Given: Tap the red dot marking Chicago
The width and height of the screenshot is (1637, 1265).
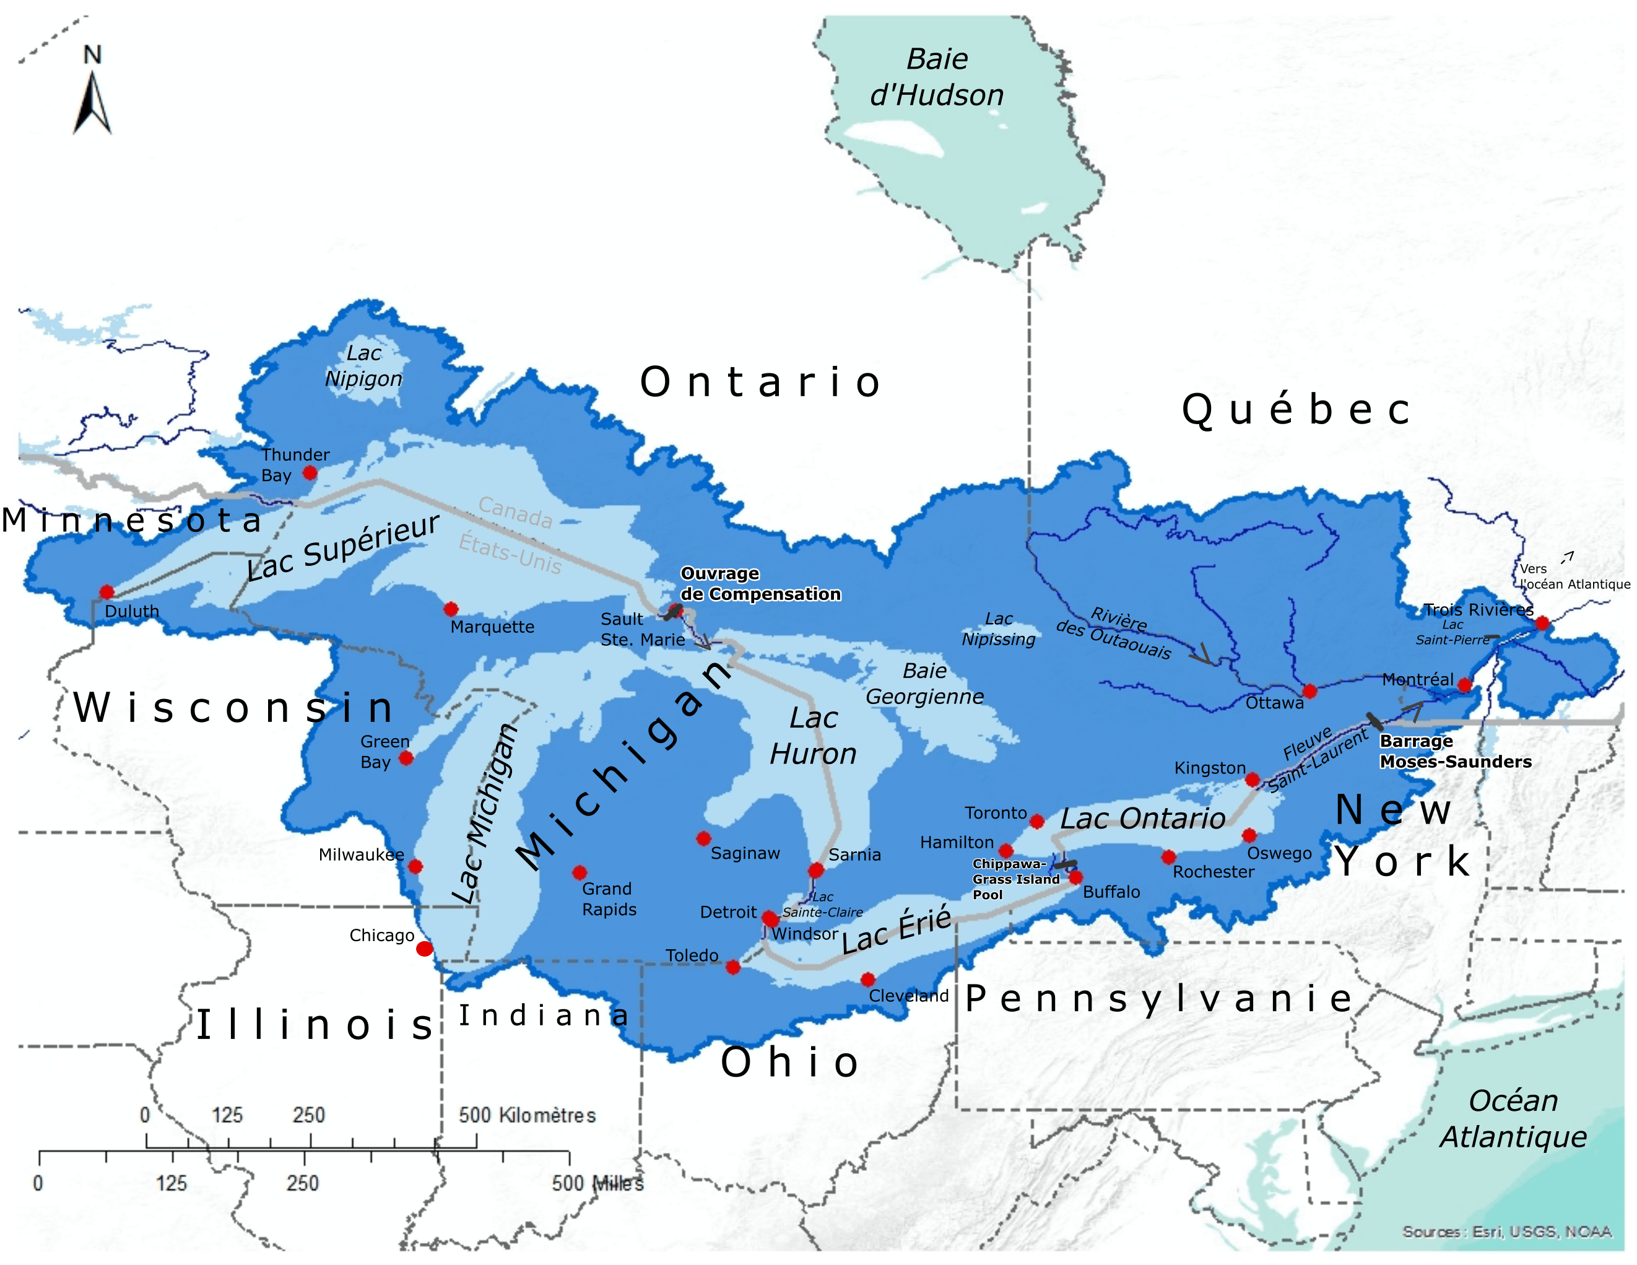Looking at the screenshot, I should point(424,949).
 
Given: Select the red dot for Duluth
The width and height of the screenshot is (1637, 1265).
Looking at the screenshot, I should point(106,592).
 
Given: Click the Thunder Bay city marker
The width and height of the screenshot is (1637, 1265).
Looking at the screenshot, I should point(310,473).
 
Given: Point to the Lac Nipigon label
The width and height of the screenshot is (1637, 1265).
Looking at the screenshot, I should point(363,366).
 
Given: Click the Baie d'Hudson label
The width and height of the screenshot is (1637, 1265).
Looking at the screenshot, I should point(937,77).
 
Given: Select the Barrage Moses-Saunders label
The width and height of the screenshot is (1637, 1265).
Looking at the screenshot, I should point(1455,751).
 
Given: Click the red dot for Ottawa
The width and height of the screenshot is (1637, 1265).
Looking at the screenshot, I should point(1309,690).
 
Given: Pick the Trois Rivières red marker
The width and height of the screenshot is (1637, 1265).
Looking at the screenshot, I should point(1542,623).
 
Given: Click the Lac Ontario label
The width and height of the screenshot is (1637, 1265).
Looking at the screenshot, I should point(1142,819).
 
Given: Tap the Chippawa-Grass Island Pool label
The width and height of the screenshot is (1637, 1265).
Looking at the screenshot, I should point(1015,879).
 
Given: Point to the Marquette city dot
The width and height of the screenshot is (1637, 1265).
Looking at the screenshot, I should point(451,609).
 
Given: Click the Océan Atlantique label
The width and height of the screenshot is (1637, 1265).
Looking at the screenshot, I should point(1513,1118).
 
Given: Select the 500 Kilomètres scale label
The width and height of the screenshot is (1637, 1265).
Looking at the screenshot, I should point(527,1115).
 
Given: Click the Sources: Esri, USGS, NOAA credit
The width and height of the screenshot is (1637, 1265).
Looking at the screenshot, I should point(1506,1232).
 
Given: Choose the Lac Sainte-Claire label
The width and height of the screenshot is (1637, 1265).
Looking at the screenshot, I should point(822,905).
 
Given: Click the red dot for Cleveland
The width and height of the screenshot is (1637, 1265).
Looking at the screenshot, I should point(867,980).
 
